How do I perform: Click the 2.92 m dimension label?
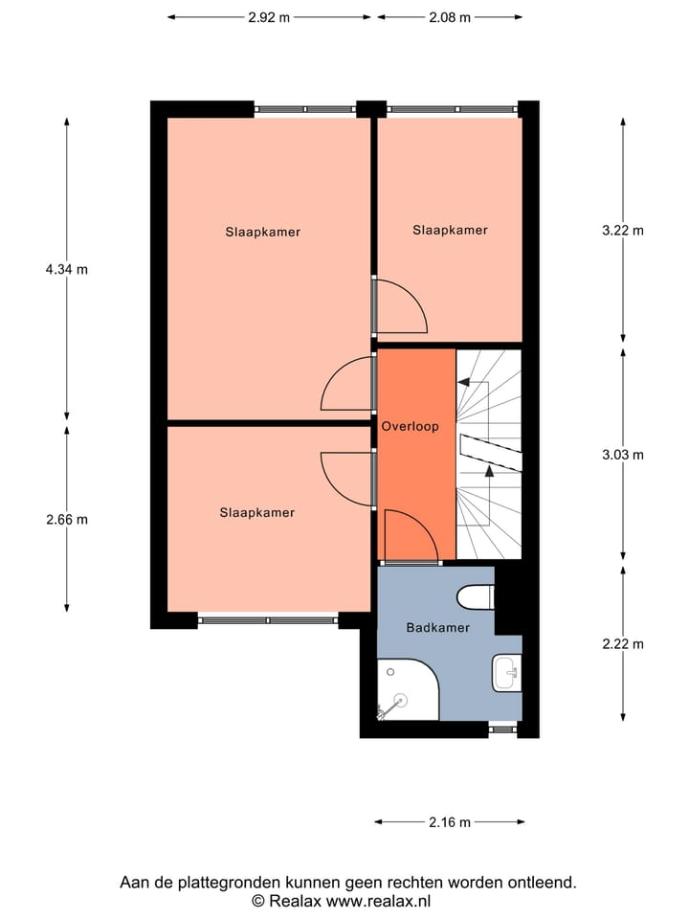(270, 16)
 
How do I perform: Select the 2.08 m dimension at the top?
(451, 16)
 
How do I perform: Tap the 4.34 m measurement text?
(66, 269)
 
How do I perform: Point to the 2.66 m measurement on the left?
(66, 520)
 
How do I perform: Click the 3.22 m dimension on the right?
(623, 230)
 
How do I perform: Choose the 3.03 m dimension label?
(623, 455)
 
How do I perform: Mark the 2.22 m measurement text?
(623, 644)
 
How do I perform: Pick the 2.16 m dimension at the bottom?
(450, 821)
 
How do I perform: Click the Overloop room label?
(410, 426)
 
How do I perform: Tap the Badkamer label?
(437, 628)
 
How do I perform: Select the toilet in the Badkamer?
(475, 597)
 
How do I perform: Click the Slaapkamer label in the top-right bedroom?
(450, 230)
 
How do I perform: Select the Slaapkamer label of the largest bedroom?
(263, 232)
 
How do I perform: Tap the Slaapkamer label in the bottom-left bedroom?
(257, 512)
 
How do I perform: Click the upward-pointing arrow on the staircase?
(490, 470)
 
